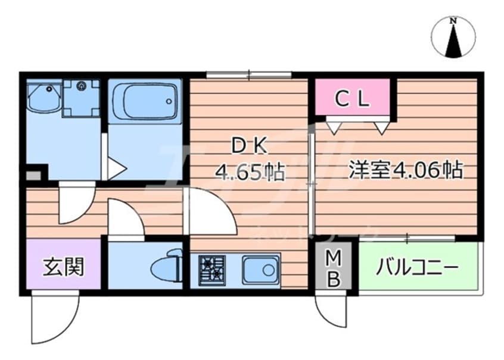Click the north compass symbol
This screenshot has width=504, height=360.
454,38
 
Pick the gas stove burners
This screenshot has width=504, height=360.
212,268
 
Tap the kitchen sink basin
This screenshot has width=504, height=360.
260,269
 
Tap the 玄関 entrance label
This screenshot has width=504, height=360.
63,267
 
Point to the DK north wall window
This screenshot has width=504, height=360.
248,75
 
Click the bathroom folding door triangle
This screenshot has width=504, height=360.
116,168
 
